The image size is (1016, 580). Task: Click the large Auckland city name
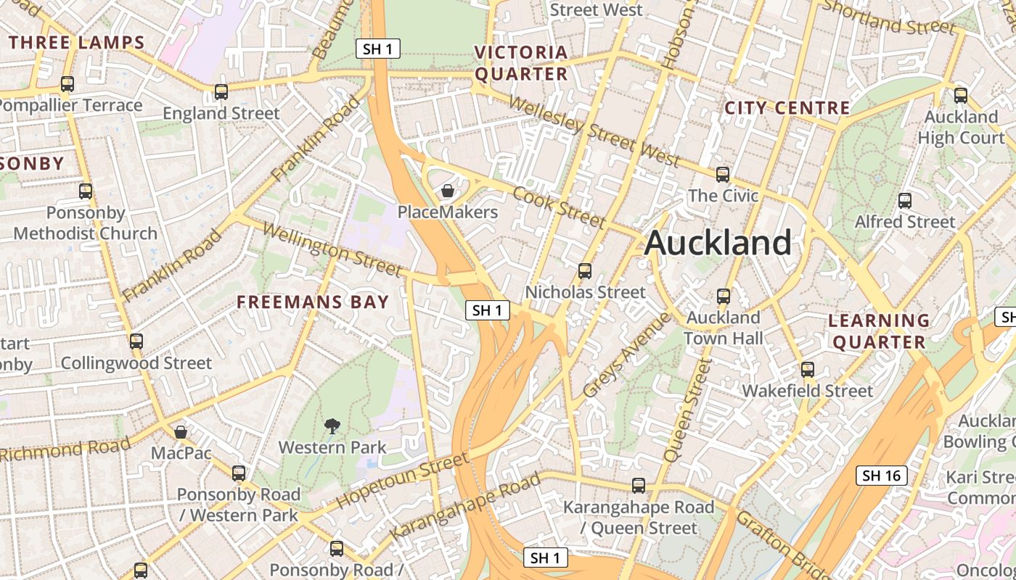pos(718,242)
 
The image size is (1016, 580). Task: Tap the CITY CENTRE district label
pos(787,108)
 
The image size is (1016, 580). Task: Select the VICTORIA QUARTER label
pos(521,63)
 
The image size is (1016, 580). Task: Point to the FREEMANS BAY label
pos(314,302)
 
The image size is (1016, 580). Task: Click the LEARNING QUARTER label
pos(879,331)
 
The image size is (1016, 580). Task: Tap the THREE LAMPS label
pos(78,42)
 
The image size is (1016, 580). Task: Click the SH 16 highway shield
pos(882,476)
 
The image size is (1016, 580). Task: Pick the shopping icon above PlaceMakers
pos(448,191)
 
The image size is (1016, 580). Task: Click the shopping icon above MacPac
pos(181,432)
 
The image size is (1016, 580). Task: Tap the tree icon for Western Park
pos(332,426)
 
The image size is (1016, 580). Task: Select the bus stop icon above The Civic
pos(722,174)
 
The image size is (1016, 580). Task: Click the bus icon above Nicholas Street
pos(584,271)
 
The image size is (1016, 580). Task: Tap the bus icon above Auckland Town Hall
pos(723,296)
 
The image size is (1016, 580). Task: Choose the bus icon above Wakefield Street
pos(808,370)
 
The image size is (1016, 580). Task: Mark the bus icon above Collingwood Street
pos(136,341)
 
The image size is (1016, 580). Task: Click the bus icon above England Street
pos(221,92)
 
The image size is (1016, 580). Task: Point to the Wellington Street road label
pos(332,250)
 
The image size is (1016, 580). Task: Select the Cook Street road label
pos(559,207)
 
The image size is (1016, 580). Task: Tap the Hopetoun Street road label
pos(402,480)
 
